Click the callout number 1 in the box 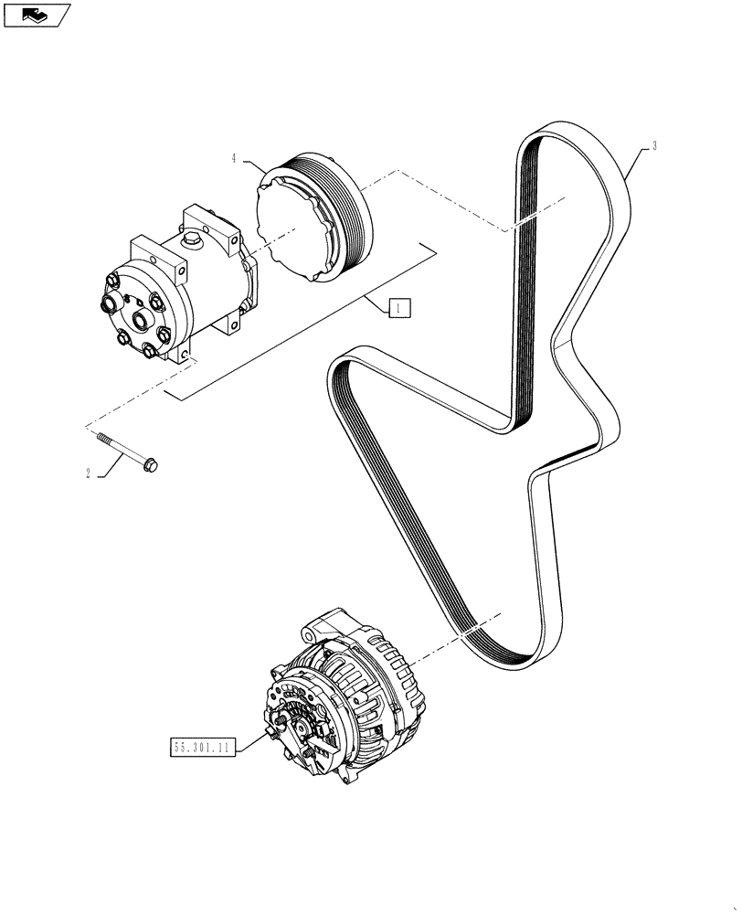click(397, 308)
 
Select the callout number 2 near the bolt click(88, 473)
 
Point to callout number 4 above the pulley click(234, 158)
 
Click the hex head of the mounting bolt click(151, 465)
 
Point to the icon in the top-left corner click(37, 15)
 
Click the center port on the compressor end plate click(143, 319)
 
